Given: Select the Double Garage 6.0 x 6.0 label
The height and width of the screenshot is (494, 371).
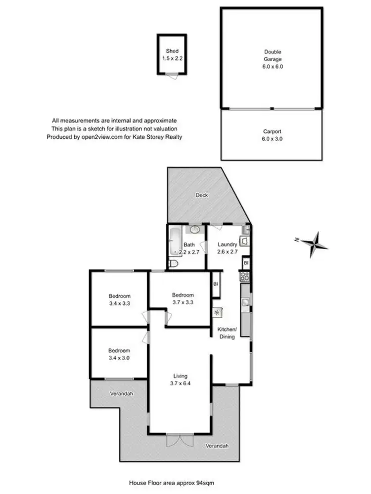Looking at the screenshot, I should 272,59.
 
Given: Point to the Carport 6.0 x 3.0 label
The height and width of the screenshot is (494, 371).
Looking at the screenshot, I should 272,135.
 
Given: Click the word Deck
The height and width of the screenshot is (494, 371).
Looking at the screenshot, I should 201,195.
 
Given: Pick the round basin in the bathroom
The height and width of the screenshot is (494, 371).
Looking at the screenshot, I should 195,229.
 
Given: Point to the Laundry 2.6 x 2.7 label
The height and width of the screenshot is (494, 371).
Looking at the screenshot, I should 228,247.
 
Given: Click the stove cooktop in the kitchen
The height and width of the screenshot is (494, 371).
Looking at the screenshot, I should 244,276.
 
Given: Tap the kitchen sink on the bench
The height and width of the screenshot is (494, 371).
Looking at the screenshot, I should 246,301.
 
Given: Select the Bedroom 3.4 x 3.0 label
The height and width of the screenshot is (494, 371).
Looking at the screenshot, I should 119,355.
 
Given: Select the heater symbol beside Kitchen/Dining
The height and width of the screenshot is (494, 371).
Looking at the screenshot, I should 218,312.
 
